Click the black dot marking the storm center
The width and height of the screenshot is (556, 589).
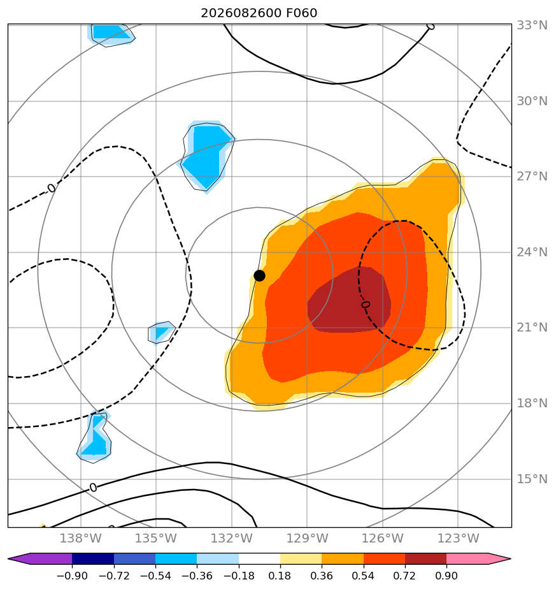coord(259,276)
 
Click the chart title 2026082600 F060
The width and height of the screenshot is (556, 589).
coord(259,13)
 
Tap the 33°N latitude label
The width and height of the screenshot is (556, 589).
coord(532,25)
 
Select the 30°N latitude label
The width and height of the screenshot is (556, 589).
coord(532,101)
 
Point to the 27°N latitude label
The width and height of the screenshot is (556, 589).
coord(532,176)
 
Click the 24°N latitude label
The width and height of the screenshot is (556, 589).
coord(532,252)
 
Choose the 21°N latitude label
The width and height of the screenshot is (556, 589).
coord(532,328)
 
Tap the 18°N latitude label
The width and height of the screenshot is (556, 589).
coord(532,403)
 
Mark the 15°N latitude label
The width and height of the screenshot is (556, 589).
coord(532,479)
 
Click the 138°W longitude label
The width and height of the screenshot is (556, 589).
coord(81,538)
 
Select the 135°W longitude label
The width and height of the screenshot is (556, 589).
coord(156,538)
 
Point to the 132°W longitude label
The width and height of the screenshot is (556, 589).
coord(232,538)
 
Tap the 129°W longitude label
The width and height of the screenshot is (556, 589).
coord(307,538)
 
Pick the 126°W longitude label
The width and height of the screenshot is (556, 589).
coord(383,538)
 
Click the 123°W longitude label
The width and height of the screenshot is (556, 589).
coord(458,538)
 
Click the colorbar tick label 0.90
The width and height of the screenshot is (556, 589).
coord(446,576)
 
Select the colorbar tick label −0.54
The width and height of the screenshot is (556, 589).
coord(155,576)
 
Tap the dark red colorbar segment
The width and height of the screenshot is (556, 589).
coord(425,558)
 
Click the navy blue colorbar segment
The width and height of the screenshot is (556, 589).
coord(93,558)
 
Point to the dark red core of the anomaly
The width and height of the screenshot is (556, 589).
coord(349,300)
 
